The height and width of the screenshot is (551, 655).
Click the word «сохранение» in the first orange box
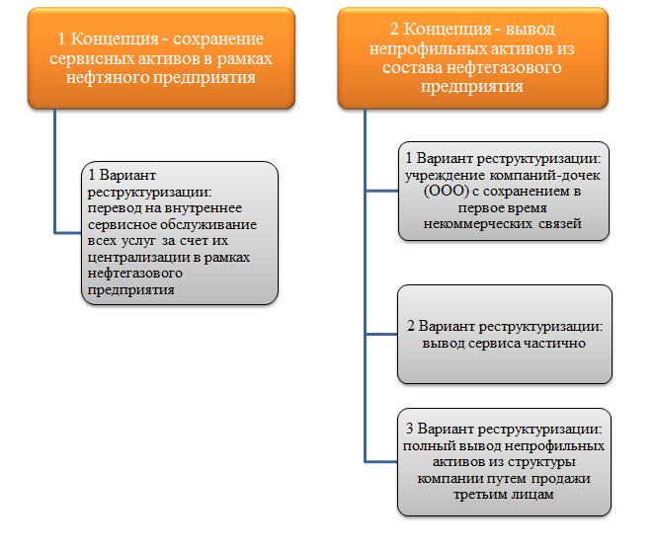pyautogui.click(x=217, y=39)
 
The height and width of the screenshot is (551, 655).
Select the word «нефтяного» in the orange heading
pyautogui.click(x=107, y=78)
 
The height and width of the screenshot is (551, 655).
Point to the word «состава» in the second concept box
pyautogui.click(x=412, y=67)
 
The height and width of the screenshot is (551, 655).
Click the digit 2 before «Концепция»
pyautogui.click(x=394, y=30)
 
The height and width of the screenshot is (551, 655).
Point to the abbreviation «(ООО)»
pyautogui.click(x=447, y=192)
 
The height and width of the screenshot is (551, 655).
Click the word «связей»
pyautogui.click(x=560, y=224)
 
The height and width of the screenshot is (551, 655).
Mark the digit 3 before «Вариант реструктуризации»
pyautogui.click(x=409, y=429)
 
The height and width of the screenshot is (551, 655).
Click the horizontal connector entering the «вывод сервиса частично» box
pyautogui.click(x=381, y=334)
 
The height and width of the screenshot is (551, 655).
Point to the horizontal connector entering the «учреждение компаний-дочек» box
pyautogui.click(x=381, y=191)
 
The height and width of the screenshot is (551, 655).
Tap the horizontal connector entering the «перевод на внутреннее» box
pyautogui.click(x=68, y=232)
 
